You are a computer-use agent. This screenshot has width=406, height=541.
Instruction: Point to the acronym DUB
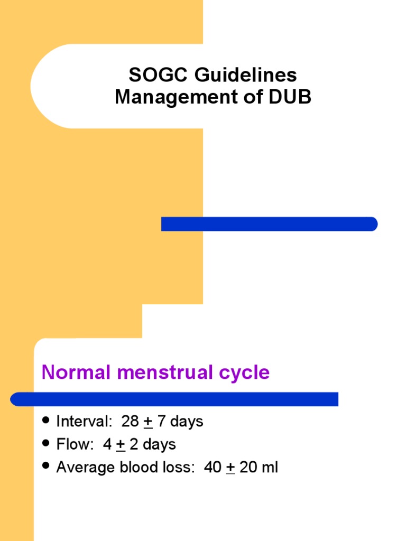coord(289,97)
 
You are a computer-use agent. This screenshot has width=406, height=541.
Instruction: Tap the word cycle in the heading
coord(245,372)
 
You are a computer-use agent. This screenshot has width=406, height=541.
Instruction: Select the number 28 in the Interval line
coord(130,422)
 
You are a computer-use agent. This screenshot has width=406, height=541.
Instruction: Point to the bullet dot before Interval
coord(46,421)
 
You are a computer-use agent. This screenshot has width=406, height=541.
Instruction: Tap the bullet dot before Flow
coord(46,443)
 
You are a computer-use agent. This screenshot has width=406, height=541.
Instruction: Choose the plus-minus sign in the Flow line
coord(121,444)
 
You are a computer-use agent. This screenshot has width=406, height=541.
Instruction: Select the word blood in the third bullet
coord(139,468)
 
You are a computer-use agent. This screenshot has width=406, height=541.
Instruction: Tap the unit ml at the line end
coord(269,468)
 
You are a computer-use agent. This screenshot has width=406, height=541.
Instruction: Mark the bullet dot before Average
coord(46,466)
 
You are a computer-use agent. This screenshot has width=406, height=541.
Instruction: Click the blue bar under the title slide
coord(269,224)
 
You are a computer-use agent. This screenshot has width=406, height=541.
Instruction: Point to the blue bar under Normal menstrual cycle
coord(174,399)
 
